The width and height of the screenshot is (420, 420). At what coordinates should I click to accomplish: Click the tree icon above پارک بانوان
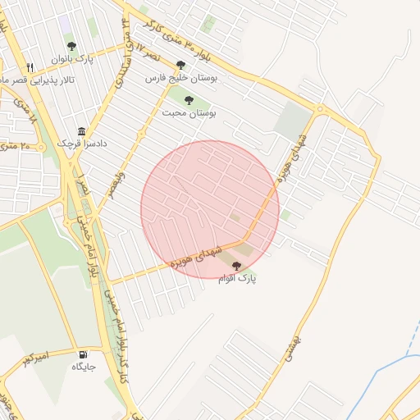(x=71, y=47)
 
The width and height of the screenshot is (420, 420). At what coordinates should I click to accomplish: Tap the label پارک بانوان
(x=72, y=59)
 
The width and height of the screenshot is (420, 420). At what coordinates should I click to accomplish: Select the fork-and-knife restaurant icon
(x=30, y=67)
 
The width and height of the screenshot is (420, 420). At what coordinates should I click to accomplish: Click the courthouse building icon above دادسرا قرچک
(x=81, y=131)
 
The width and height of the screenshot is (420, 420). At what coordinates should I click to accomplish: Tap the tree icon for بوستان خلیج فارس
(x=180, y=65)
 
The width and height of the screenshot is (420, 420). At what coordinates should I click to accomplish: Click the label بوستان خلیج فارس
(x=180, y=78)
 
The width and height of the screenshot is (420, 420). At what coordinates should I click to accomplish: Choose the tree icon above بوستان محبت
(x=189, y=100)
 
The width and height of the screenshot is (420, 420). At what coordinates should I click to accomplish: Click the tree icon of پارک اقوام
(x=237, y=266)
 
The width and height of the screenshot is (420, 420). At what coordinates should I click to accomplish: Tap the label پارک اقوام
(x=237, y=279)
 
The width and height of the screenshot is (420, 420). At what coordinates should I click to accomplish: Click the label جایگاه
(x=84, y=367)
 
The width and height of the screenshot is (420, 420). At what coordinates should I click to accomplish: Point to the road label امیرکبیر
(x=37, y=357)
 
